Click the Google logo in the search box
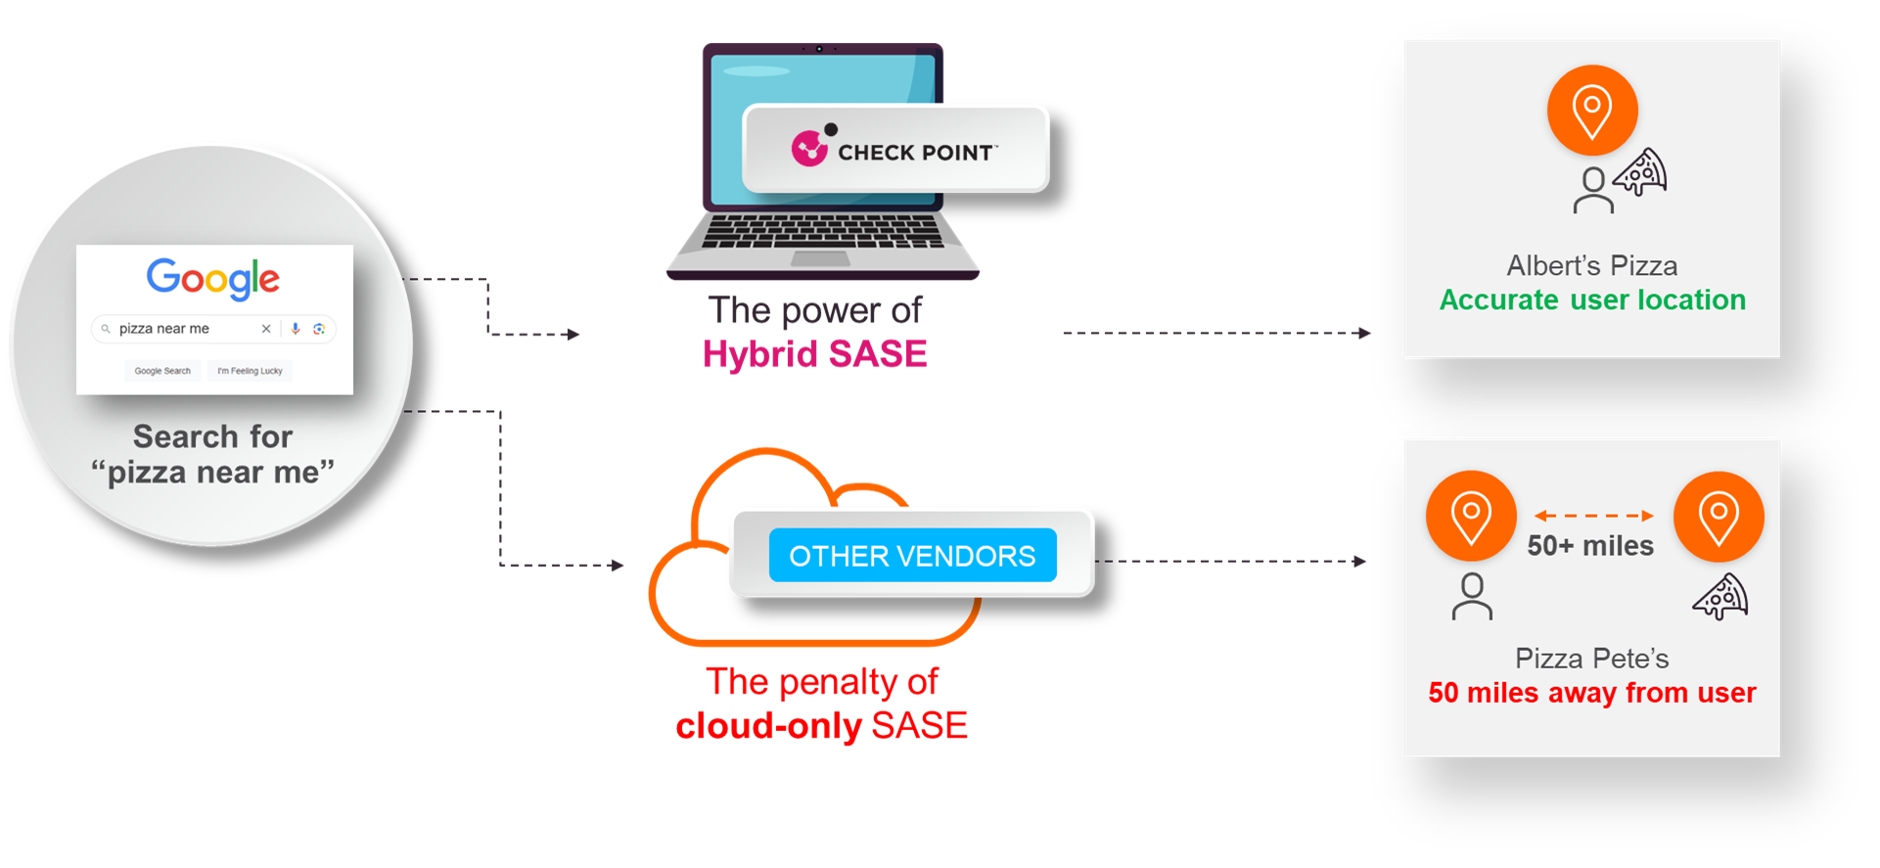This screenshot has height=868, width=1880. (x=213, y=279)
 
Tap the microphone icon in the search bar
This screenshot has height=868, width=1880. (x=295, y=329)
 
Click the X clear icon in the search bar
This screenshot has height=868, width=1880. (x=266, y=329)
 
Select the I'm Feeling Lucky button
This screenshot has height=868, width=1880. (x=250, y=371)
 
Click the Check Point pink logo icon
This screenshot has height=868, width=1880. (x=809, y=149)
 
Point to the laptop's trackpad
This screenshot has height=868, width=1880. (x=820, y=259)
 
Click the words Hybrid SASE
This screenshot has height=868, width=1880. (x=814, y=354)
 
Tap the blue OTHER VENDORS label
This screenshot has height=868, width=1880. (x=912, y=556)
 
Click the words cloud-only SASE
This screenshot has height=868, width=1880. (x=821, y=726)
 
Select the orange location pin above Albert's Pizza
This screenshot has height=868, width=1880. (x=1591, y=111)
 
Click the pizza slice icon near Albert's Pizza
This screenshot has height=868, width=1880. (x=1641, y=173)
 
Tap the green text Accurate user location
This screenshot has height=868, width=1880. (x=1592, y=300)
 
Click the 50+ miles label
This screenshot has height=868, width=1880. (x=1590, y=546)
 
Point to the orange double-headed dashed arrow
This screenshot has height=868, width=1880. (x=1593, y=516)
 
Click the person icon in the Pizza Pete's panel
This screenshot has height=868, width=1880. (x=1472, y=597)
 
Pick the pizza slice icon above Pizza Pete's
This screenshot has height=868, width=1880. (x=1720, y=596)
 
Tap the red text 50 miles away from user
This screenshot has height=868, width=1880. (x=1592, y=693)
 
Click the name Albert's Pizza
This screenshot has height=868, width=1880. (x=1592, y=266)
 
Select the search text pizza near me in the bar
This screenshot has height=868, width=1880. (x=164, y=329)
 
